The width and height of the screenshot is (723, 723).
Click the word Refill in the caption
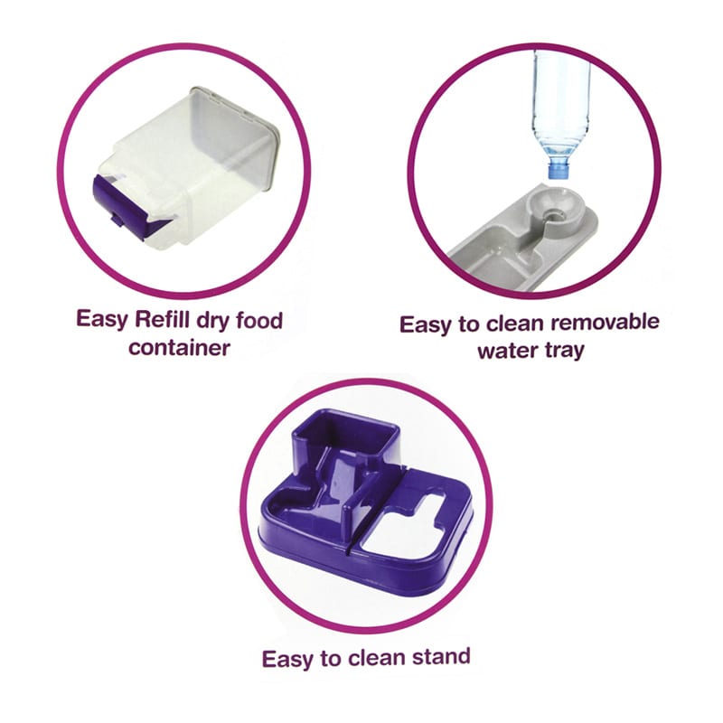164,320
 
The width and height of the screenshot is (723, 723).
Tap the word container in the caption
179,348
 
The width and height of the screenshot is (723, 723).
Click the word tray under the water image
565,352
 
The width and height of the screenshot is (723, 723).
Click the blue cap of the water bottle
559,167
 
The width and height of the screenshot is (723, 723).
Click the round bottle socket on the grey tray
556,207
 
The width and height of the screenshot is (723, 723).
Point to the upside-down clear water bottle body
560,104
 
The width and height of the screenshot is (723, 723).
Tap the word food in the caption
259,320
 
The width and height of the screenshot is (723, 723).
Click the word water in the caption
507,352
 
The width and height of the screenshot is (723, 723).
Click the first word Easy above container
102,320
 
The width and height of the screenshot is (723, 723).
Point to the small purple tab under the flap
117,221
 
